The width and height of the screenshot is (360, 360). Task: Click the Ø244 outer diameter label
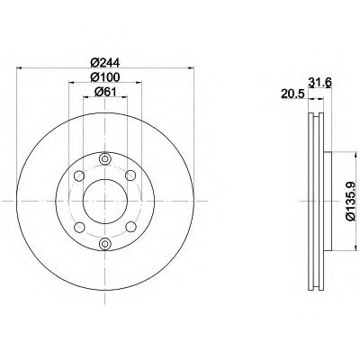point(105,63)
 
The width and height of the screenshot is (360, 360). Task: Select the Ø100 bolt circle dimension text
point(105,77)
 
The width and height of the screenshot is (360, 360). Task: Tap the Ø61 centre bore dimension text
point(105,92)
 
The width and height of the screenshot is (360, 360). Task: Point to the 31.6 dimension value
point(319,82)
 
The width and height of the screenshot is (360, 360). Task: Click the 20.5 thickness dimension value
point(292,94)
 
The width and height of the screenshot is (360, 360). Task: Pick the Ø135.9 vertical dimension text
point(351,202)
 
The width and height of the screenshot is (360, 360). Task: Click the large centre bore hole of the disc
point(105,202)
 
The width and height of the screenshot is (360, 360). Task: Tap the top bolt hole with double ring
point(104,158)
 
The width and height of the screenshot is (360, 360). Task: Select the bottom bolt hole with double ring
point(104,244)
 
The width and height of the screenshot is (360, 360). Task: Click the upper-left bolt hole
point(79,175)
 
